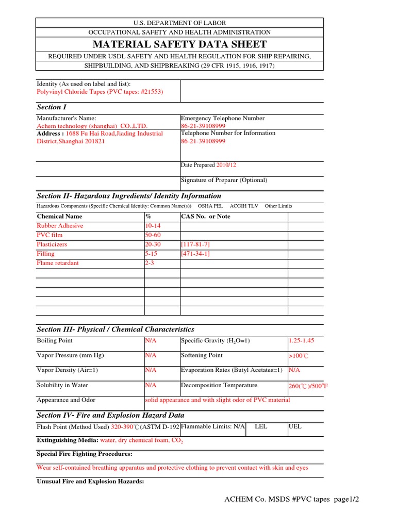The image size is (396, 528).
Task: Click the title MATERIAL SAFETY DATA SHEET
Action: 179,44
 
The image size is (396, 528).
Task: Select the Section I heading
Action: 52,107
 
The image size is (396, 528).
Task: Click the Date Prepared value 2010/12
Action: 226,165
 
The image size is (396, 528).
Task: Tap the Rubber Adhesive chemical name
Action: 60,226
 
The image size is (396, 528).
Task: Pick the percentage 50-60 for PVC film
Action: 154,235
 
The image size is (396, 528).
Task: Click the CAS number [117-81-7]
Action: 195,244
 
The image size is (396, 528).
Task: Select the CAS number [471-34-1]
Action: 195,254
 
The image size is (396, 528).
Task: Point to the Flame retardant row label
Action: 58,263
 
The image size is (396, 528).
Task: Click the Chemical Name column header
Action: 59,217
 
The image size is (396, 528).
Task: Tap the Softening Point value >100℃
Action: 298,356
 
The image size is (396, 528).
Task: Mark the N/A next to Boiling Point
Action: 151,341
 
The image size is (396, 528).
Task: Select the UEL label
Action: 295,427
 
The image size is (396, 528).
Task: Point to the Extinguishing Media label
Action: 68,441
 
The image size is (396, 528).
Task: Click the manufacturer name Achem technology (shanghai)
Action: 92,126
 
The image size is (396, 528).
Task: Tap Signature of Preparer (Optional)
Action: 224,180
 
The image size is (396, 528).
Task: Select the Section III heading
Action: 115,329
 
